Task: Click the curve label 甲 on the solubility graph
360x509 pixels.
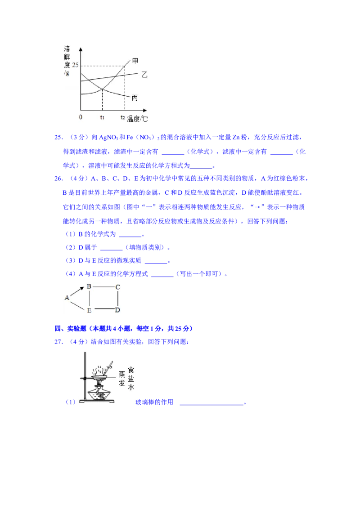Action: coord(135,61)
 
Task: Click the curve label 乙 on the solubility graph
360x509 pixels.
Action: coord(144,75)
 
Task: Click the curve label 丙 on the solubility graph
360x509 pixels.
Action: coord(135,98)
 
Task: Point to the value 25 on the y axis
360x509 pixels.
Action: coord(76,65)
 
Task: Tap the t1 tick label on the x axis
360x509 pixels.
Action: coord(102,117)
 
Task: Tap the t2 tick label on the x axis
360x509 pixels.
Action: coord(122,117)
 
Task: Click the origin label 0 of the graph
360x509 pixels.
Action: coord(81,117)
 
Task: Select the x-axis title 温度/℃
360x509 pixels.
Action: coord(137,119)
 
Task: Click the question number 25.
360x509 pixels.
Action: coord(58,137)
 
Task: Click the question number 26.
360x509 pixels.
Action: coord(58,179)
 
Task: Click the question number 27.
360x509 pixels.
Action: coord(58,342)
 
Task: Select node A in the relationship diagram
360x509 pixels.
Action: coord(67,297)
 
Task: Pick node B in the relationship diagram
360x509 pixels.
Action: coord(89,286)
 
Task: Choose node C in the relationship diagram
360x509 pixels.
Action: coord(117,287)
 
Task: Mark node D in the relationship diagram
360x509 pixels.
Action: coord(117,310)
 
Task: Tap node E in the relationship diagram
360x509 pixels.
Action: coord(89,310)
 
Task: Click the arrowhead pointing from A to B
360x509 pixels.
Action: coord(82,288)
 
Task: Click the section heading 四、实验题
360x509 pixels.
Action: coord(71,329)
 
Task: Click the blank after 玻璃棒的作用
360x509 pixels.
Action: coord(211,404)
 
